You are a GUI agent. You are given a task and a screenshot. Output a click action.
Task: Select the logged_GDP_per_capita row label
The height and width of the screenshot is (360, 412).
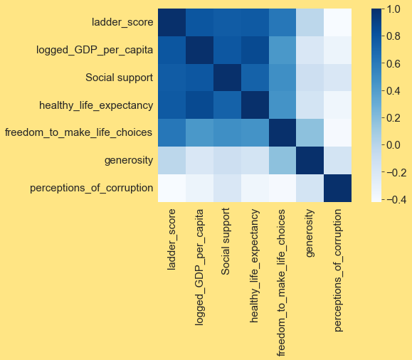(x=95, y=50)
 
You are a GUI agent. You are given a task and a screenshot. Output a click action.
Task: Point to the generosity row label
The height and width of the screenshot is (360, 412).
(x=127, y=160)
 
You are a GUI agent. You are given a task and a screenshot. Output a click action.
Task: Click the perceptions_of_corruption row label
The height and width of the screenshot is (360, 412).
(x=92, y=188)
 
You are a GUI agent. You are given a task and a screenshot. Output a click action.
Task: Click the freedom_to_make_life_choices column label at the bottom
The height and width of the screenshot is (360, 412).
(x=282, y=285)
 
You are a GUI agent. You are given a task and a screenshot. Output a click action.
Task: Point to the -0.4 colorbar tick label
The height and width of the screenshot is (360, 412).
(x=395, y=199)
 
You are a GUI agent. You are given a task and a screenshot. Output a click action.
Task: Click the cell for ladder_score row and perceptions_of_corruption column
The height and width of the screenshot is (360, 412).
(x=337, y=23)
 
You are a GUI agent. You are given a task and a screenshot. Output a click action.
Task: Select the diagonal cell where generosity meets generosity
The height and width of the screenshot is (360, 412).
(x=310, y=160)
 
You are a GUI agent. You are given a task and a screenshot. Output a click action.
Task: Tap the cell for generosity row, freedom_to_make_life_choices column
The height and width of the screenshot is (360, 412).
(x=282, y=160)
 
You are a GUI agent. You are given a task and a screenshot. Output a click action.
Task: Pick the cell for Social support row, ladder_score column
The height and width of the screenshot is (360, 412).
(x=171, y=78)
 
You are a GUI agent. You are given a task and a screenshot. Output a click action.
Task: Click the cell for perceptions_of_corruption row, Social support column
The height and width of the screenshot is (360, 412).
(x=227, y=188)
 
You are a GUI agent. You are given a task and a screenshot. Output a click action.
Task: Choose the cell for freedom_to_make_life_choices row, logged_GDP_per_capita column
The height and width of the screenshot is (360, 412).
(x=199, y=132)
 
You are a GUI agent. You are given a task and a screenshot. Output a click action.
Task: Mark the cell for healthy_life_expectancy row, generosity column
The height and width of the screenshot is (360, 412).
(x=310, y=105)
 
